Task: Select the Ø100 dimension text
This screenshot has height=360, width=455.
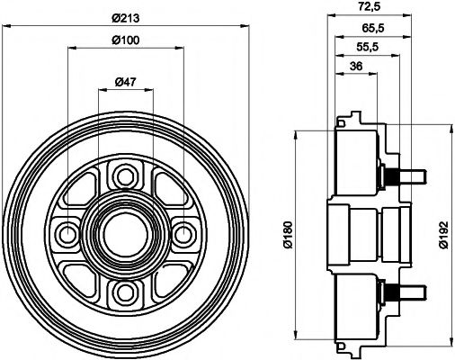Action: (x=125, y=41)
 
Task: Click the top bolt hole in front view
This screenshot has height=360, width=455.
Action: (x=125, y=174)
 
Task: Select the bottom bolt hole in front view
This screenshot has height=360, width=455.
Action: (x=125, y=293)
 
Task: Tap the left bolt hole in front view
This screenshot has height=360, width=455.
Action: (x=66, y=234)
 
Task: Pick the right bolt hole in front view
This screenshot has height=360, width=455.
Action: (x=184, y=234)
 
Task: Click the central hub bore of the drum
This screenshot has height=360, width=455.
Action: (x=125, y=234)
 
